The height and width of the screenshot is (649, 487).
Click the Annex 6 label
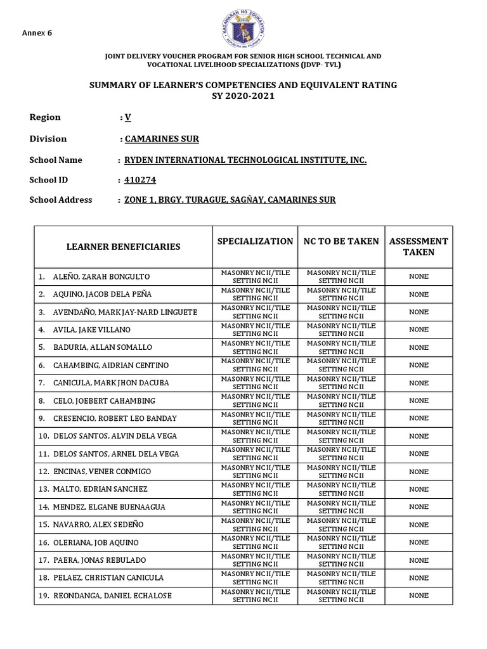coord(37,33)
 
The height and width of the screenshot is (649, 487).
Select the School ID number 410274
coord(140,181)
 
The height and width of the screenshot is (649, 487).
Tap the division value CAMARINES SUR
coord(159,139)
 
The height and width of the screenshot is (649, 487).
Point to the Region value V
coord(127,117)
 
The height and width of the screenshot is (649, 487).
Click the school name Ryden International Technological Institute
coord(245,160)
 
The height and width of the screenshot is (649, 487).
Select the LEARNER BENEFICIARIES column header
coord(123,247)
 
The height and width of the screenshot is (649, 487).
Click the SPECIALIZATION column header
coord(255,241)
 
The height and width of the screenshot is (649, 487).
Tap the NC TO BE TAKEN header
coord(341,241)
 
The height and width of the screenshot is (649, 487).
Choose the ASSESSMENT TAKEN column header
coord(419,247)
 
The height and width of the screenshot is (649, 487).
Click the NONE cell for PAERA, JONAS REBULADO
coord(419,560)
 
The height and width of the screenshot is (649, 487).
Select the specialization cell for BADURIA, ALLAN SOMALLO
coord(255,347)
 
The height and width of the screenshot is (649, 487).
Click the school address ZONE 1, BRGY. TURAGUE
coord(230,200)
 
